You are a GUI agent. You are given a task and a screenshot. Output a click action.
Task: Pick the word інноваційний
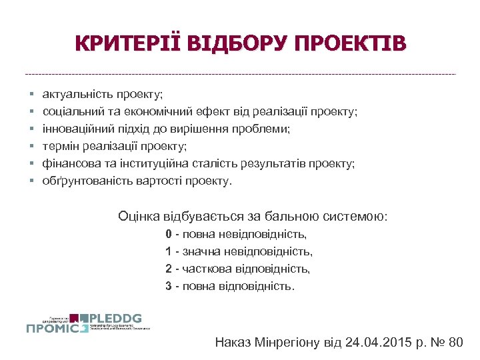point(75,129)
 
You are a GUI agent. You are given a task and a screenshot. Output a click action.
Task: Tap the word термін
point(60,146)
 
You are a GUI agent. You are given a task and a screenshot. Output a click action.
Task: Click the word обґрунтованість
point(83,181)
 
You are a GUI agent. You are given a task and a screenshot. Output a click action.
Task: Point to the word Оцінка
point(138,216)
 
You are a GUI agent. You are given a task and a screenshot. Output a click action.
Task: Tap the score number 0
point(169,235)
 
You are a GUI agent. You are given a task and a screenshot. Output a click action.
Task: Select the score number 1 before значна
point(169,252)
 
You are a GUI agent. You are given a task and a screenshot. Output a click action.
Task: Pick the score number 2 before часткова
point(169,269)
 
